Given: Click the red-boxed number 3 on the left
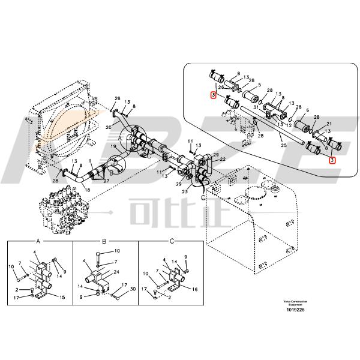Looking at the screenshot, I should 213,95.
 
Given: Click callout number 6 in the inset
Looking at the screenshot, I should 308,111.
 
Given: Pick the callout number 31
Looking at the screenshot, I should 256,107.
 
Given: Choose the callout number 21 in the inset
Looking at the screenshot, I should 329,124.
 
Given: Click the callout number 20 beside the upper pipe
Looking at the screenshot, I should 109,127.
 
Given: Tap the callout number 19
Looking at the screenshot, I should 113,146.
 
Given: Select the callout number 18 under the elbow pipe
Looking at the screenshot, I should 87,190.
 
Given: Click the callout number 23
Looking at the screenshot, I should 185,191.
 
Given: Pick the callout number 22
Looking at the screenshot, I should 222,159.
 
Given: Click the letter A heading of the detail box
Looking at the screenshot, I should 38,241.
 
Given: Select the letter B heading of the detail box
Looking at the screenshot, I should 104,241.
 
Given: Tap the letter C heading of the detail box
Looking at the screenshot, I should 172,241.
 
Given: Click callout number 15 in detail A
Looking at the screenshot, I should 61,296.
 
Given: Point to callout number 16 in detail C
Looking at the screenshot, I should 194,289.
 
